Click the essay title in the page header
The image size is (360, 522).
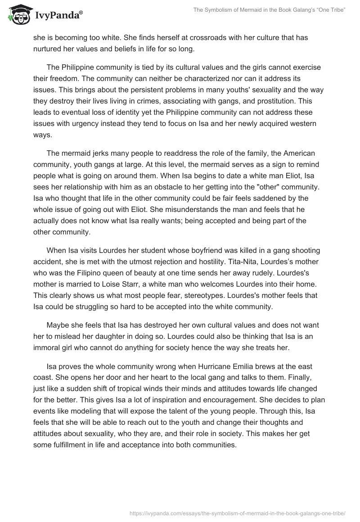(269, 10)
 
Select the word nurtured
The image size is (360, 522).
(49, 49)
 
